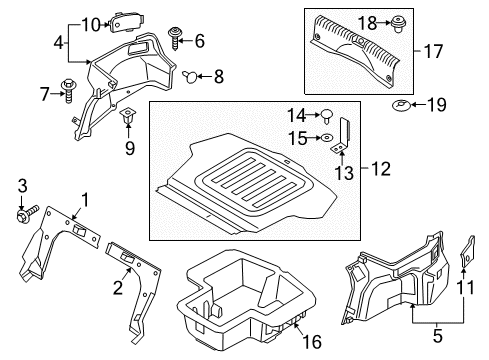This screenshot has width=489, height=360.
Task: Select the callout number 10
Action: tap(91, 24)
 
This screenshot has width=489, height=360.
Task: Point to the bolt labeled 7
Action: tap(69, 89)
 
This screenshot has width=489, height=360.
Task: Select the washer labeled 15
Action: tap(327, 137)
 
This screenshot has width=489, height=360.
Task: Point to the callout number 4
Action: tap(59, 43)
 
